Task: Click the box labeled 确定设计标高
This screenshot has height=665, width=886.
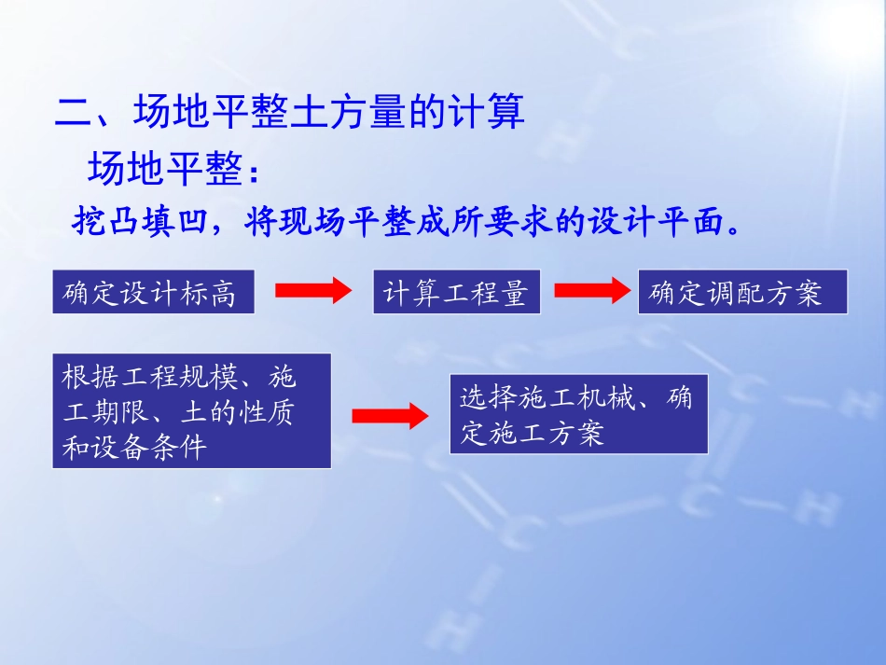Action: point(153,293)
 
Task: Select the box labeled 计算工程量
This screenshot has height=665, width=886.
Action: point(455,293)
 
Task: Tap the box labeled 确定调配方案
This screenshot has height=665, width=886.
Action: point(742,293)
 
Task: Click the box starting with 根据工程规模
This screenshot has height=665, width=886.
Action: point(191,411)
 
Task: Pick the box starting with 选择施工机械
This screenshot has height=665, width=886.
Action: point(578,414)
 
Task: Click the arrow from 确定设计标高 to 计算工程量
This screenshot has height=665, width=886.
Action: point(313,293)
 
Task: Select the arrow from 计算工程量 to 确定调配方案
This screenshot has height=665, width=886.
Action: point(592,292)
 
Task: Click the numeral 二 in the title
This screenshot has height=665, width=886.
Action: point(75,114)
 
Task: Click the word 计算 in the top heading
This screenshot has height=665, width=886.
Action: point(488,114)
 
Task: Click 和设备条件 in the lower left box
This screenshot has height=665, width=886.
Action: point(135,448)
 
